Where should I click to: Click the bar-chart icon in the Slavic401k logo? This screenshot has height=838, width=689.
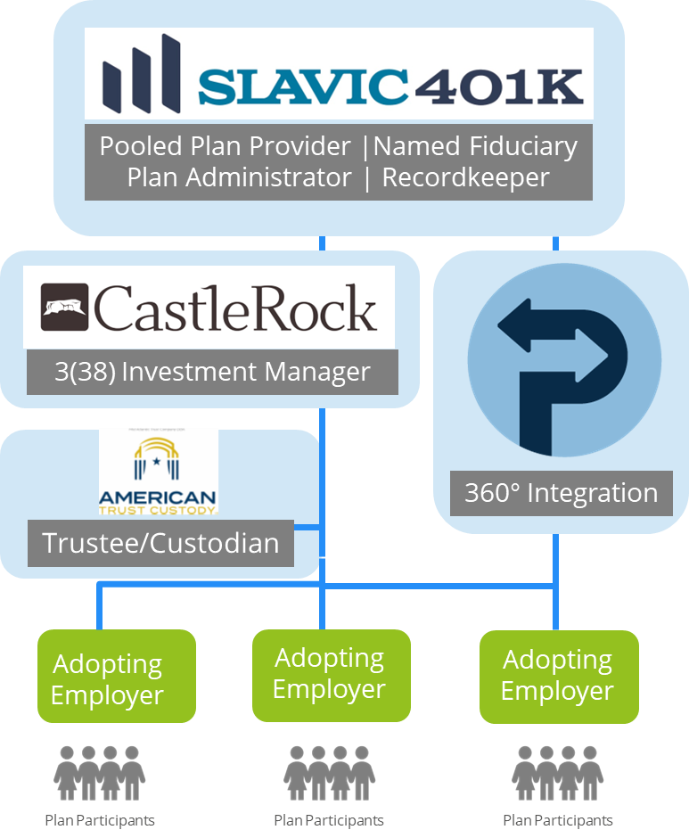[142, 76]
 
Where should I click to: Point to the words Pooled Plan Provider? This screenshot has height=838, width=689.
[225, 146]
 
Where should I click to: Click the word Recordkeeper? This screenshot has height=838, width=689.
[465, 177]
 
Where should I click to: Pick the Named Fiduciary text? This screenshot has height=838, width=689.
[476, 146]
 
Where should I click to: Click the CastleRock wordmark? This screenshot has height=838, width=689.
[236, 308]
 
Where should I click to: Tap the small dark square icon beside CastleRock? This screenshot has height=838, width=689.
[64, 307]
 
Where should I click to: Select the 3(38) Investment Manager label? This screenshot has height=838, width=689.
[212, 372]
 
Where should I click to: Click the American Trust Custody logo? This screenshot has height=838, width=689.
[158, 472]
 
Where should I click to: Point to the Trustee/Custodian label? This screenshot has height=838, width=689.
[160, 542]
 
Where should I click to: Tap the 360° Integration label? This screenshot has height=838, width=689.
[561, 493]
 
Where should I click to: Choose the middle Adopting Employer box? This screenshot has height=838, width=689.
[330, 673]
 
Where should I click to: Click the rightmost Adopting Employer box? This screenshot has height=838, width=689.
[558, 675]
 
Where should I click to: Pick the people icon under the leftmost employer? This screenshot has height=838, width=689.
[100, 772]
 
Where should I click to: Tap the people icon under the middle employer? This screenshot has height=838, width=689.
[329, 772]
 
